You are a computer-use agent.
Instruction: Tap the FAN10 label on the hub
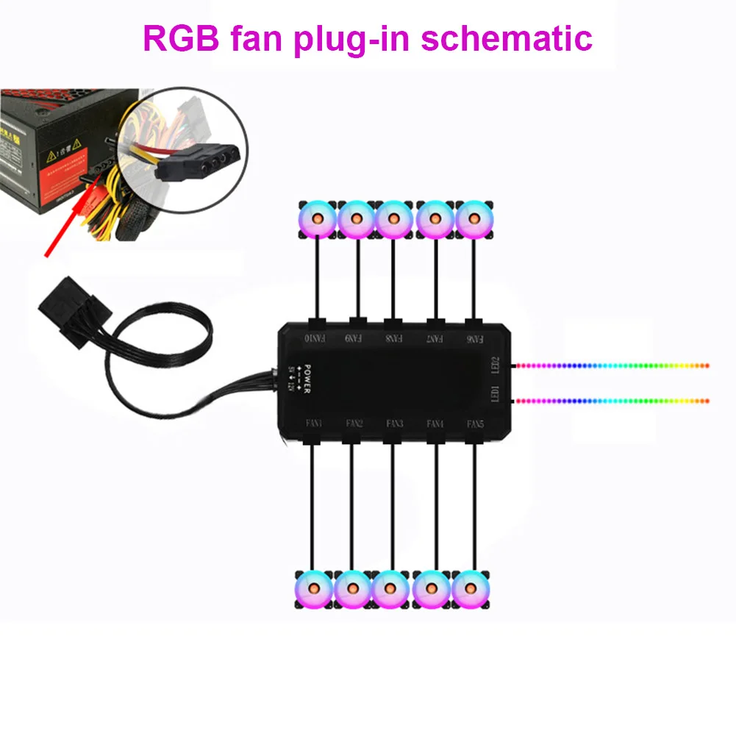[315, 340]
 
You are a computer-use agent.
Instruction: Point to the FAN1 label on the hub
[312, 424]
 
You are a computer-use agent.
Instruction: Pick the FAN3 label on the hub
[394, 424]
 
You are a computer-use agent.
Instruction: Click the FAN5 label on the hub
[476, 424]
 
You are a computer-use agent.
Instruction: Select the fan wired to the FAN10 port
[317, 218]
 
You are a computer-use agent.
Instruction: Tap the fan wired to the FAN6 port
[475, 218]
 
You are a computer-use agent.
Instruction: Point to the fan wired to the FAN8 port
[394, 218]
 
